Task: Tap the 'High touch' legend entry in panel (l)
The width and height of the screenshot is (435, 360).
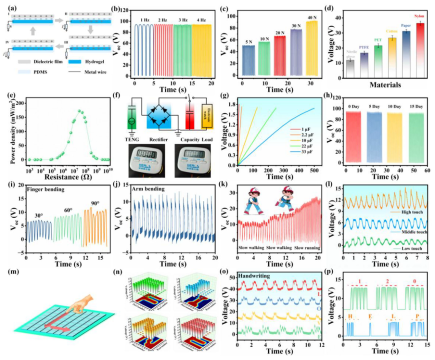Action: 404,212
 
